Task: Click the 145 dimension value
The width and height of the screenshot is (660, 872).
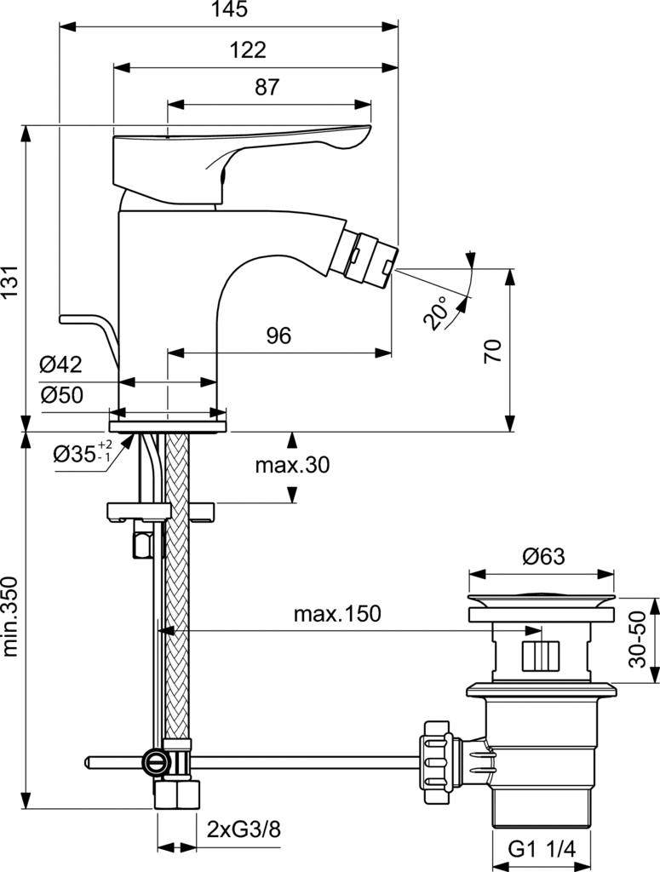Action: coord(230,9)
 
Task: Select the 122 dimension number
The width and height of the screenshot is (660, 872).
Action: coord(248,50)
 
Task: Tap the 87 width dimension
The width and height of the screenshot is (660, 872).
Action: coord(267,88)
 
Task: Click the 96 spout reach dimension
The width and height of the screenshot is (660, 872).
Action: coord(278,336)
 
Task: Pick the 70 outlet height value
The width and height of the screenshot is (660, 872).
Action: coord(493,350)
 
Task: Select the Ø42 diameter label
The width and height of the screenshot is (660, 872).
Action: coord(60,364)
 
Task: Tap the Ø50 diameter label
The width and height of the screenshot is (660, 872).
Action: coord(61,395)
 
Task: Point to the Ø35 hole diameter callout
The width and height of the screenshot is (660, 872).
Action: coord(83,453)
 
